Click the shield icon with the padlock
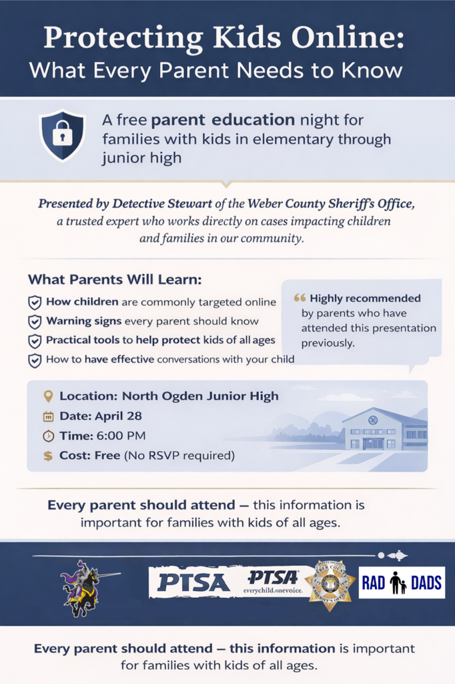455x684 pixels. click(x=62, y=136)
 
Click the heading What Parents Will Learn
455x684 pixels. click(x=114, y=279)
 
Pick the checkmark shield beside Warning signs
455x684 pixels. click(x=35, y=322)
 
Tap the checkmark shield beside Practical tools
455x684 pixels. click(x=35, y=341)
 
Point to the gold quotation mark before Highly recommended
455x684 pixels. click(x=300, y=299)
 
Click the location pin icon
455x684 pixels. click(x=48, y=396)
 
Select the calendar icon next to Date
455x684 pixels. click(x=48, y=417)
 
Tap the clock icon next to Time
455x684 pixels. click(x=48, y=436)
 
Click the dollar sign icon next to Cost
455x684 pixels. click(x=48, y=456)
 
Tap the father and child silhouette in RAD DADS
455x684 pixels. click(x=398, y=583)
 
